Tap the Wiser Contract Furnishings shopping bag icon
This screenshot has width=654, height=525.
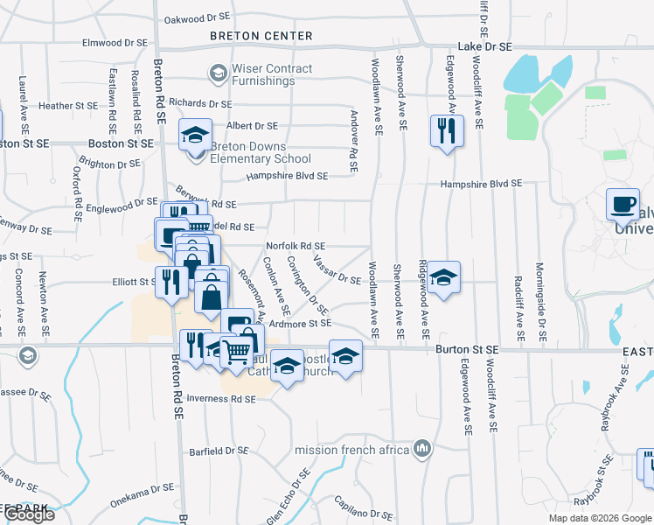pos(217,74)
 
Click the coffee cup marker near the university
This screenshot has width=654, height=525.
pos(623,206)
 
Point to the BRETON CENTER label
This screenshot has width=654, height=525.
pos(261,36)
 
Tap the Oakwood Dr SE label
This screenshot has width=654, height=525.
pos(198,17)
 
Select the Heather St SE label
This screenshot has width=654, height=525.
pos(68,106)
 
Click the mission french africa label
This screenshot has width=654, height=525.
pos(352,450)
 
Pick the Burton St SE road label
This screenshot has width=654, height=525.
pos(467,349)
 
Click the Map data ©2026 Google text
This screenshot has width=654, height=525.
pos(600,518)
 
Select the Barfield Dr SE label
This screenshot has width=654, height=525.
pos(219,451)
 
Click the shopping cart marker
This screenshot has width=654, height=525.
pos(236,352)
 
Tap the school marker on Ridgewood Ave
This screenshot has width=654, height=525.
pos(444,279)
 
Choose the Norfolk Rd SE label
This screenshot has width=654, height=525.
pos(296,247)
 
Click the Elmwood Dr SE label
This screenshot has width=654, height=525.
pos(115,41)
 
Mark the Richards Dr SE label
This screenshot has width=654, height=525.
pos(200,102)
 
